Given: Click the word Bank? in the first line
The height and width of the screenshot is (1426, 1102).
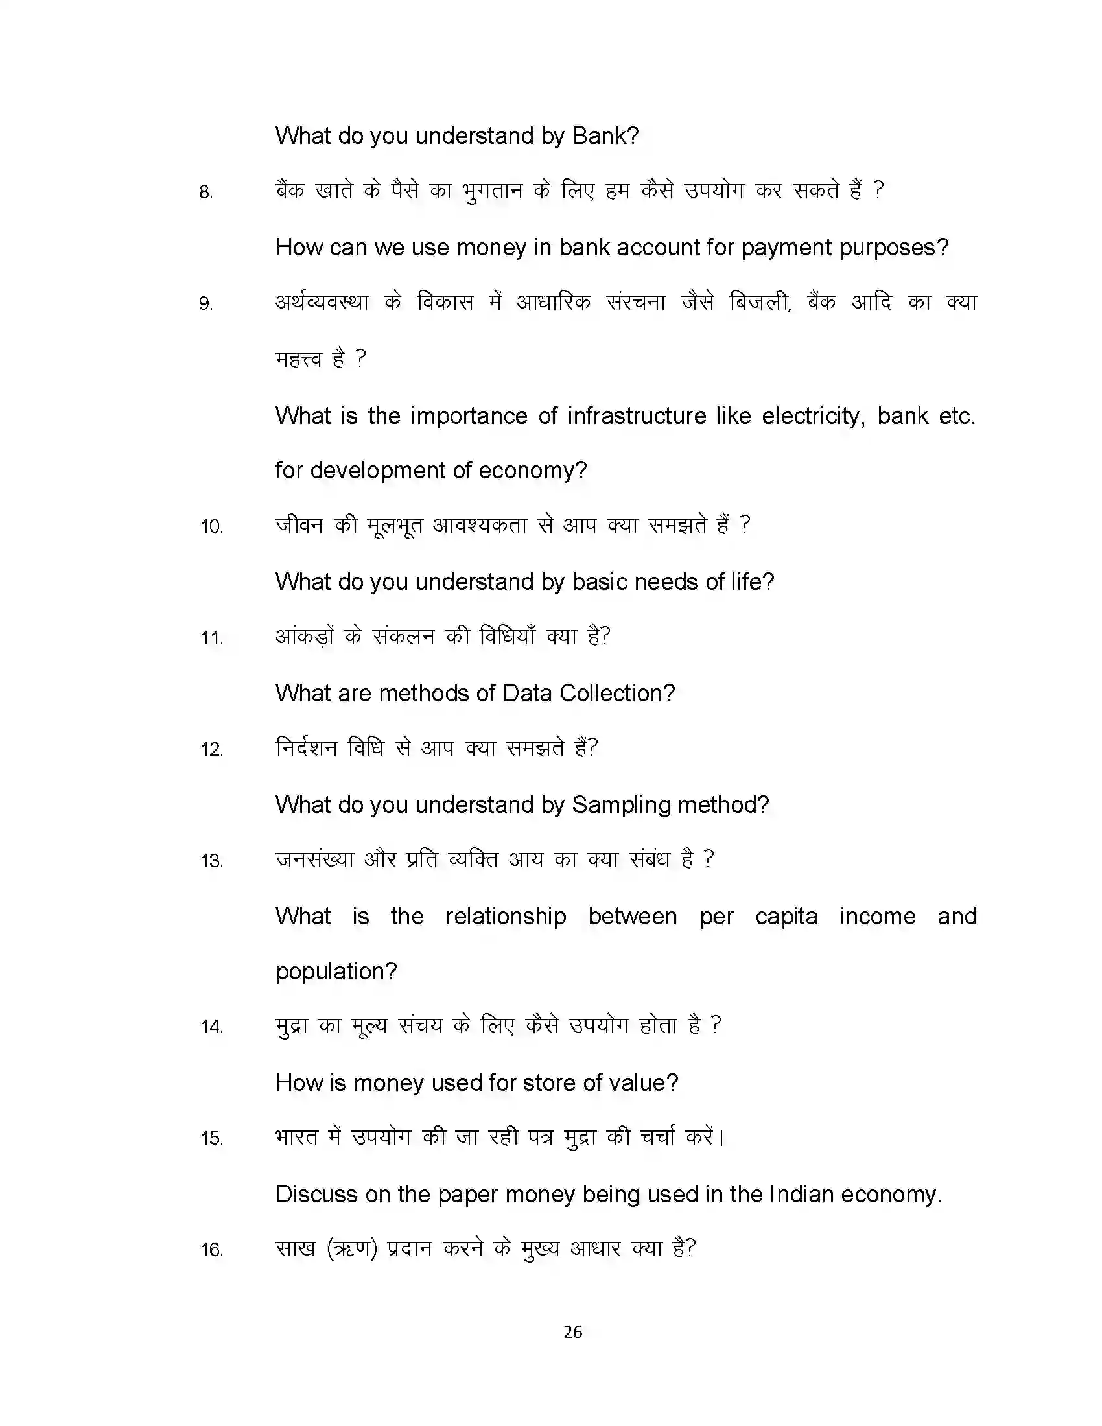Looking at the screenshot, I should point(605,136).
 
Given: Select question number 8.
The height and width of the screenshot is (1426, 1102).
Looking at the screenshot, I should point(205,193).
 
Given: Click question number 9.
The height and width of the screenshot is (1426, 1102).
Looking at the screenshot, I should point(205,304).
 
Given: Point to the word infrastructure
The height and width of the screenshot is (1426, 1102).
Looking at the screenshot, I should point(637,416).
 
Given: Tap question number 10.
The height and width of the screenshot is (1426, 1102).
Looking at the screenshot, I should point(211,527).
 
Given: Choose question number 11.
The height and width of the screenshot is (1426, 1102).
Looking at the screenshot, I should point(211,638).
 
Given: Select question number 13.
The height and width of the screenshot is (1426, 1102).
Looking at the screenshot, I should point(211,861).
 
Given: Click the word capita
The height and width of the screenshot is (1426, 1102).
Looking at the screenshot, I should point(786,917).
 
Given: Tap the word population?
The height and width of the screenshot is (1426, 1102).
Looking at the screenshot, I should point(336,972).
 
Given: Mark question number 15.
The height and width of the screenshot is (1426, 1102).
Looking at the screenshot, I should point(211,1139).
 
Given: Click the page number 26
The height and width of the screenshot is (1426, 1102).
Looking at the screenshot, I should point(572,1332).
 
